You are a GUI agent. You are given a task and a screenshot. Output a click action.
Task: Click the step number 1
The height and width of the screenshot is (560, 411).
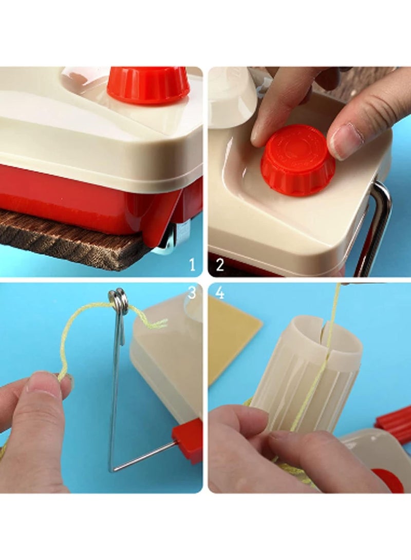tap(193, 265)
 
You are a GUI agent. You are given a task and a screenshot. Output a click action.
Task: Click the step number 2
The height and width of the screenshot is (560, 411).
tap(219, 265)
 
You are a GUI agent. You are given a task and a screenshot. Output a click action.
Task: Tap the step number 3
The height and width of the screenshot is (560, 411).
tap(192, 293)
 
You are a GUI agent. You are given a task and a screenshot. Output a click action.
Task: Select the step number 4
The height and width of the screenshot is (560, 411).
tap(220, 293)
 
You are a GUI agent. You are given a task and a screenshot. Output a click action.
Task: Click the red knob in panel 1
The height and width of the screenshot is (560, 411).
tap(148, 85)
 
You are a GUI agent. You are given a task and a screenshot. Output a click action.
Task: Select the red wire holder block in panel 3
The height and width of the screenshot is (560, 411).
tap(187, 437)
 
